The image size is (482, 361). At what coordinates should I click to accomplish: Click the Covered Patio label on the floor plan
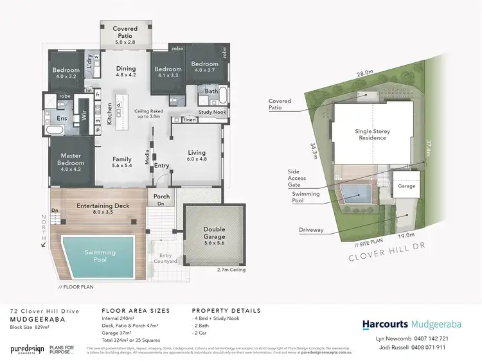coord(125,33)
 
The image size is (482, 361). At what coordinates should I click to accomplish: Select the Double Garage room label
coord(215,233)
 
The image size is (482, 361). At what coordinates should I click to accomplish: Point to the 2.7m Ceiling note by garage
coord(230,271)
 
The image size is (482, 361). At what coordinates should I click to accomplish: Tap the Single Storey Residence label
coord(373,135)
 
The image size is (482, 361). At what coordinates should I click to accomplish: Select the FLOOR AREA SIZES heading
coord(136,311)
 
